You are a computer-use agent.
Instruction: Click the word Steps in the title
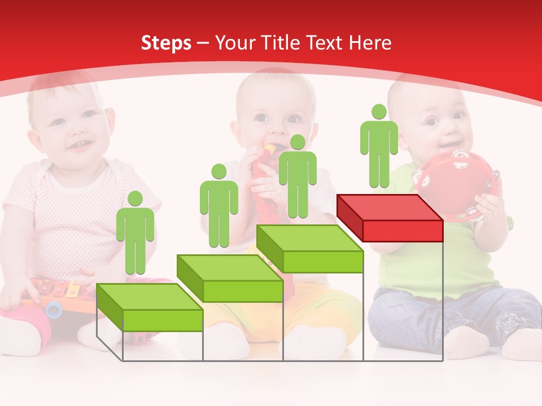click(x=166, y=43)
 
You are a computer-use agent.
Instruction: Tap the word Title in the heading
click(x=282, y=43)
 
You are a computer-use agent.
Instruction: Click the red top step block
click(x=390, y=217)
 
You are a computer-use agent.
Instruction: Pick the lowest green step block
click(x=150, y=307)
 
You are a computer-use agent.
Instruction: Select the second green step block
click(x=230, y=278)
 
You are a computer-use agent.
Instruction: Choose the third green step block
click(x=309, y=249)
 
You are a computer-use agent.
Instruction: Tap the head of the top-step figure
click(x=379, y=112)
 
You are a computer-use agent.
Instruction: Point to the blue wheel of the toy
click(x=54, y=308)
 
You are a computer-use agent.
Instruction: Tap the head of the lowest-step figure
click(x=135, y=198)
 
